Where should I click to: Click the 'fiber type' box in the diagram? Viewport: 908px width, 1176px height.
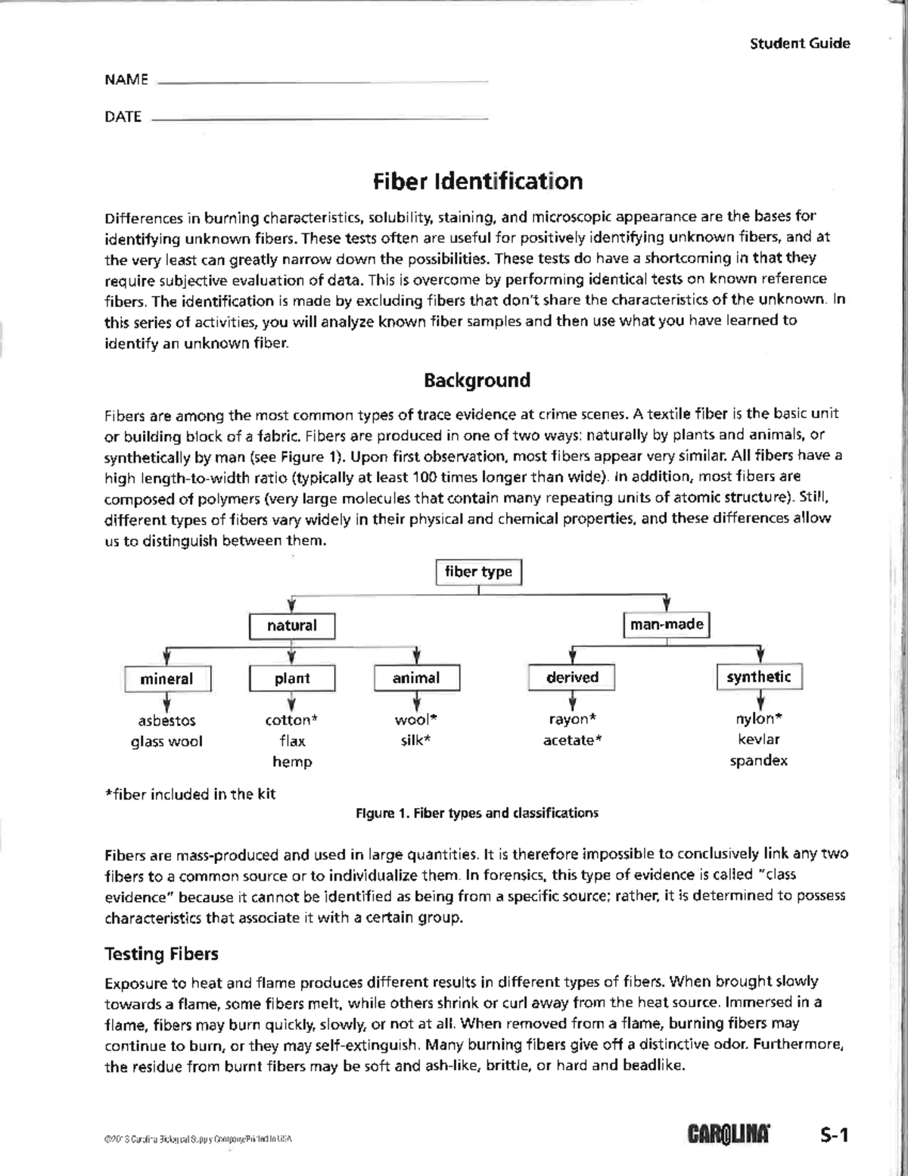click(x=478, y=572)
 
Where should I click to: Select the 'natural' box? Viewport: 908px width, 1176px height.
click(x=292, y=625)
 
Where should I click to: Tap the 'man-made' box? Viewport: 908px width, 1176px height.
click(x=667, y=625)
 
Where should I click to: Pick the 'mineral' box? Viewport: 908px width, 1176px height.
click(x=166, y=678)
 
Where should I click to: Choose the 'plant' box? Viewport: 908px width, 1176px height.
click(x=292, y=678)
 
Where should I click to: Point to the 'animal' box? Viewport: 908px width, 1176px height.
click(x=416, y=678)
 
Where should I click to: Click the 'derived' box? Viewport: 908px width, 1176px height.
click(x=572, y=677)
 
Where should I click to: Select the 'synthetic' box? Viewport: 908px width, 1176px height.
click(x=759, y=677)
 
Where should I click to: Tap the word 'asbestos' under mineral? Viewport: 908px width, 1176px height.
click(x=166, y=720)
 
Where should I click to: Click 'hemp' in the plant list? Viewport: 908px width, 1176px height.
click(x=292, y=762)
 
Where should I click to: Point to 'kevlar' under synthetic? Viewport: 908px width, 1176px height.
click(x=759, y=739)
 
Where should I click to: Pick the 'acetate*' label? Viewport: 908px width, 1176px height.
click(x=572, y=740)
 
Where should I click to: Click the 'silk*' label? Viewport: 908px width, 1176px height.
click(x=415, y=741)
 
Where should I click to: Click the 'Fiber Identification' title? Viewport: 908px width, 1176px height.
click(x=477, y=182)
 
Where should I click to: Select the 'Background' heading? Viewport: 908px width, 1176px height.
click(x=477, y=380)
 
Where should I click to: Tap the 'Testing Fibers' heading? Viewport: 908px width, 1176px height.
click(x=161, y=954)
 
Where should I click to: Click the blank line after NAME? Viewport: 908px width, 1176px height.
click(x=322, y=81)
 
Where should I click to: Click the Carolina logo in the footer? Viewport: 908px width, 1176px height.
click(x=729, y=1134)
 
